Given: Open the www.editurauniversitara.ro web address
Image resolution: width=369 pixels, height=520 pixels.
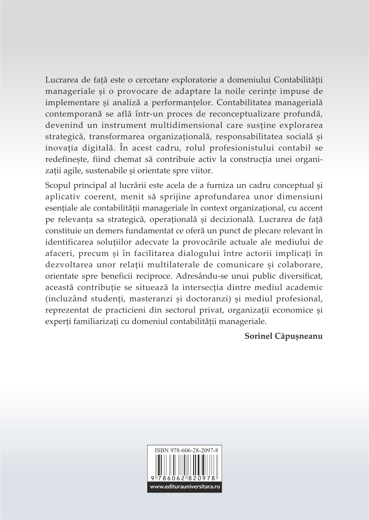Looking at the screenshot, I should (185, 487).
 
